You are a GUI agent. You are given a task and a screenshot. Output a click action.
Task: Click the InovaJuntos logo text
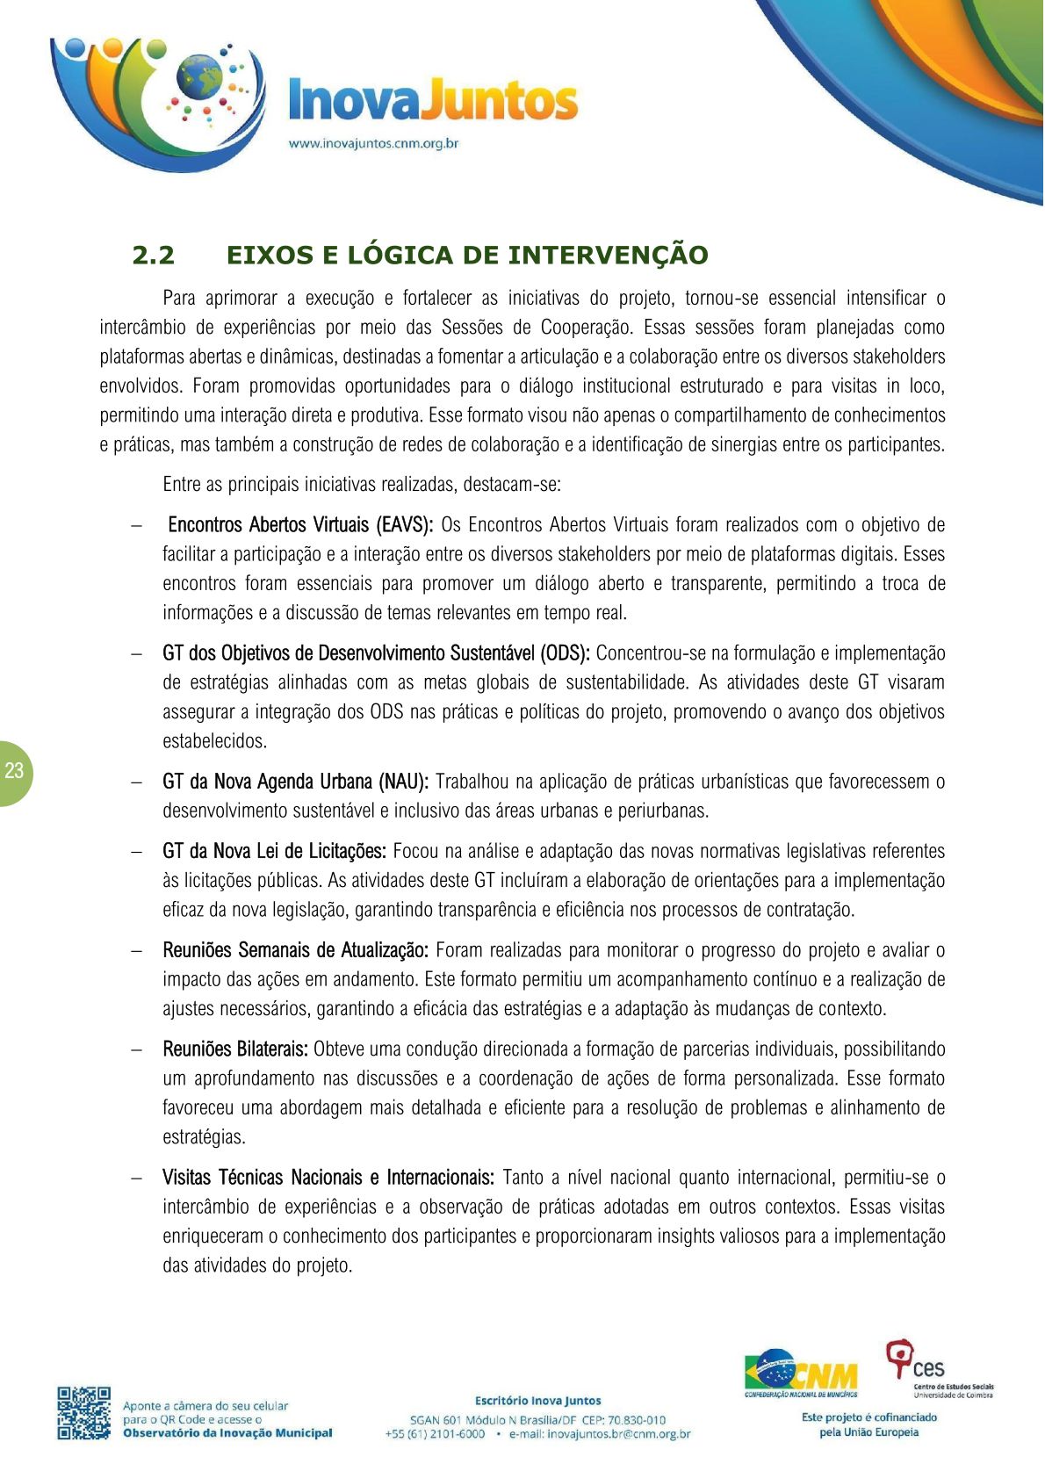click(433, 101)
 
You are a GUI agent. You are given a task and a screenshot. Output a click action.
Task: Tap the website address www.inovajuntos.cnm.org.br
click(374, 143)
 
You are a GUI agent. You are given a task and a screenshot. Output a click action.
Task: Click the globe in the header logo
click(199, 77)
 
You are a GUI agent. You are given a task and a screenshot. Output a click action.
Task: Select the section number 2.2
click(154, 256)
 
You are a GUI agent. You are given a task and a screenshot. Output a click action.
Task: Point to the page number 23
click(14, 771)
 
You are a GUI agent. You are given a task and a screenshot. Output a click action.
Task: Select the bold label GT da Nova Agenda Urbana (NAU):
click(295, 782)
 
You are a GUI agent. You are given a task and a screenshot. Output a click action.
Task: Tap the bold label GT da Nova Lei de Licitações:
click(274, 851)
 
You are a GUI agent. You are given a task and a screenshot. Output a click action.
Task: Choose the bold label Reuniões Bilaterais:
click(235, 1049)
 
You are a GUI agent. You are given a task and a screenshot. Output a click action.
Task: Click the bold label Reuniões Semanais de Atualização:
click(295, 950)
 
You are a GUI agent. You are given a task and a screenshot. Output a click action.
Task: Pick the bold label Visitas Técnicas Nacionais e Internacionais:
click(328, 1178)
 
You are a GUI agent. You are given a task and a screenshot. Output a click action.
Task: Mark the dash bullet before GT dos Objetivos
click(136, 654)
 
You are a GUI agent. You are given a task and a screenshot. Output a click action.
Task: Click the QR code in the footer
click(84, 1413)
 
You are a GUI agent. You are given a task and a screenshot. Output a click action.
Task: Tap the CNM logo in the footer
click(801, 1373)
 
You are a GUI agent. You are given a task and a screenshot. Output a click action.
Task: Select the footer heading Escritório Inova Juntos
click(537, 1401)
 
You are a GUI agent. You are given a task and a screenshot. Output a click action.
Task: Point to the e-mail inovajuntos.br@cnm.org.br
click(600, 1434)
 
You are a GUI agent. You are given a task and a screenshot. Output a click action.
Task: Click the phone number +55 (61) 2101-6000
click(435, 1434)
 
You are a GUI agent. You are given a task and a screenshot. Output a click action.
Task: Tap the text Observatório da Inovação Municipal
click(227, 1433)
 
